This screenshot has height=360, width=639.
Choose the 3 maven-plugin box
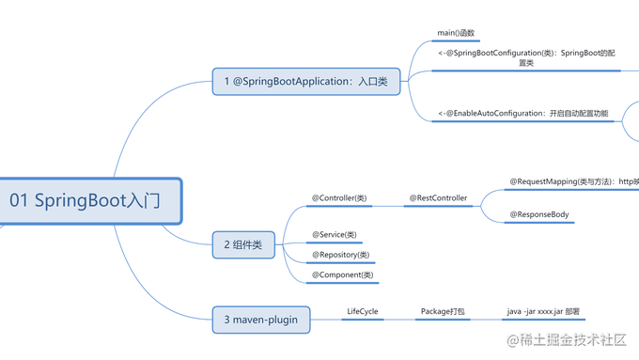(261, 321)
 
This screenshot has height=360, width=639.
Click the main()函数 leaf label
(456, 33)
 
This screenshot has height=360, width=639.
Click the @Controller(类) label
(339, 198)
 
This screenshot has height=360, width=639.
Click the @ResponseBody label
(539, 215)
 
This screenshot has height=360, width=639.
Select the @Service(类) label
(335, 234)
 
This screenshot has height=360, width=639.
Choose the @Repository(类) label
(340, 255)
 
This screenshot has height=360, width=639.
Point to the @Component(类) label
(343, 274)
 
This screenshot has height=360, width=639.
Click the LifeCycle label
(362, 311)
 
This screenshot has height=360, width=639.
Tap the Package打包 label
(443, 311)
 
